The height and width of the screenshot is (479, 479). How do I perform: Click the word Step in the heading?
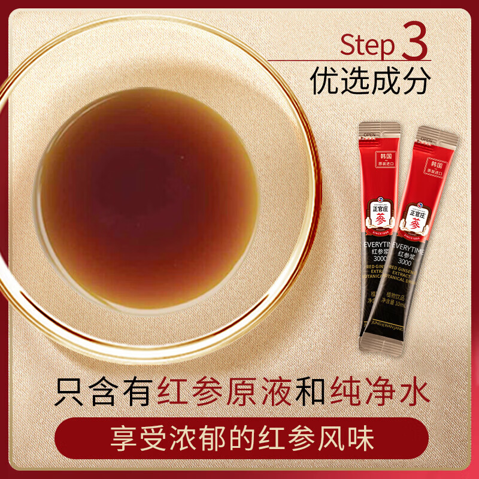point(368,46)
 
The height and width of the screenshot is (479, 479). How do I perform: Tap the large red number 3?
point(414,40)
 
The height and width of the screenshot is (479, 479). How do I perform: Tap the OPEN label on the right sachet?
point(426,140)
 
